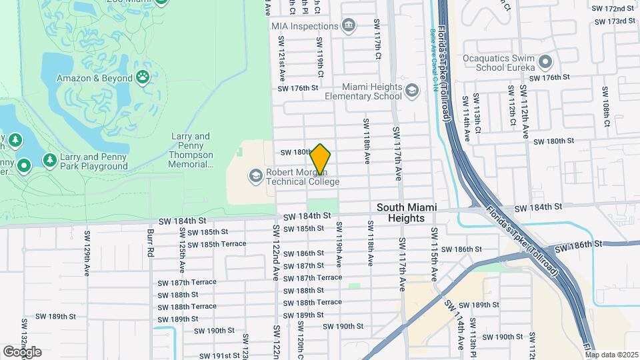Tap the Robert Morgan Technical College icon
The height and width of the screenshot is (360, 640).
(255, 175)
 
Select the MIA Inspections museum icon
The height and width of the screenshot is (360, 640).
(348, 26)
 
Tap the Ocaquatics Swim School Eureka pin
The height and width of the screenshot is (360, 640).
(545, 63)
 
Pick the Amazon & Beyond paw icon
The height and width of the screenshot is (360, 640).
(143, 77)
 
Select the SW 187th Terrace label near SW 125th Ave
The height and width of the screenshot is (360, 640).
(188, 282)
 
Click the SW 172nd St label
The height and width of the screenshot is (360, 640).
(611, 9)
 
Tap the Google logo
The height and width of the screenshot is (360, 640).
(23, 352)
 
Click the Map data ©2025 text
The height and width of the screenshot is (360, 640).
(611, 355)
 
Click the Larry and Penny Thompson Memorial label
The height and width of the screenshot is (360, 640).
(190, 150)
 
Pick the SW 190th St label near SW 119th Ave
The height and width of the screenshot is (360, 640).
(343, 327)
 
